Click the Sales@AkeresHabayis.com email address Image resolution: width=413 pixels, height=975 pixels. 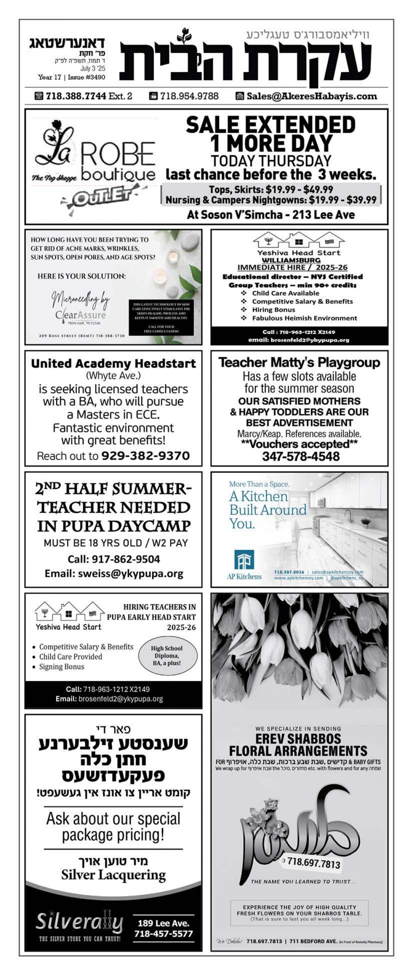311,96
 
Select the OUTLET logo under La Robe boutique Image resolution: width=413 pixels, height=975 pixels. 98,197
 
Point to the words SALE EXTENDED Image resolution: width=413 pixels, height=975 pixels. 270,125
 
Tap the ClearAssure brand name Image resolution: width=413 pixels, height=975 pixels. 80,315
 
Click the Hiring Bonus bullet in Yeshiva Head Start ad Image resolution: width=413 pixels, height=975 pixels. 273,310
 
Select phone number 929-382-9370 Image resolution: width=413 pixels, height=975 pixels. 145,456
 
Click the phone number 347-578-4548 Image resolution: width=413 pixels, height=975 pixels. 301,456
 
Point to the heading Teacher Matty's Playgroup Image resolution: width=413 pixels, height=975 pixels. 299,363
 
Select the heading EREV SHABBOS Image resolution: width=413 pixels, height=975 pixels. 298,739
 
